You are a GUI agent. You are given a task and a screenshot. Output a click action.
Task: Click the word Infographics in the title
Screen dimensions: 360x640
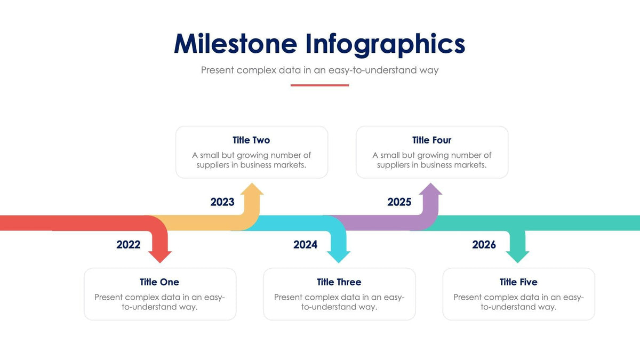(x=385, y=45)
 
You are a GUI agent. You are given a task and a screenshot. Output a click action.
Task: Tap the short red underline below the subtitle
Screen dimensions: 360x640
(x=319, y=85)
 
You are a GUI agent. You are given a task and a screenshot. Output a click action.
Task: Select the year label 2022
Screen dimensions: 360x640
(x=129, y=245)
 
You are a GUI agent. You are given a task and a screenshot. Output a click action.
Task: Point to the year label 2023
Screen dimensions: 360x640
(x=222, y=202)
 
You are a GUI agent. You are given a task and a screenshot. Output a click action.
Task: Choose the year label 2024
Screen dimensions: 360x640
(x=305, y=245)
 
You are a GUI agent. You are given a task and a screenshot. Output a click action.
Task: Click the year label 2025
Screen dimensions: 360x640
(x=399, y=202)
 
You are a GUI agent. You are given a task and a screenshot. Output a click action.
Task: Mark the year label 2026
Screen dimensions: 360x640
(x=484, y=245)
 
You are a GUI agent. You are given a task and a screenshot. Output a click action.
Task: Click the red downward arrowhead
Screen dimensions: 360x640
(x=159, y=255)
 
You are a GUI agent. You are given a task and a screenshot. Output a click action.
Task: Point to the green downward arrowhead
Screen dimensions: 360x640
(x=517, y=255)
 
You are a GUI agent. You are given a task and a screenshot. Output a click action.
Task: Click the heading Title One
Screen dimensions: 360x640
(x=159, y=282)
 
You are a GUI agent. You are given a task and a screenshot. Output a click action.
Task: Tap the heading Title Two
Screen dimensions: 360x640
(x=251, y=140)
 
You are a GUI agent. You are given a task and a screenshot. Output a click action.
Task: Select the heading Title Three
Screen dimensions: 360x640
(x=339, y=282)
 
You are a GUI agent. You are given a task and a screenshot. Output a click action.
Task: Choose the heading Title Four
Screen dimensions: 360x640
(x=431, y=140)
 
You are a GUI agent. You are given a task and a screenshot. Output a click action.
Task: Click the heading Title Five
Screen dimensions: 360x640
(x=518, y=282)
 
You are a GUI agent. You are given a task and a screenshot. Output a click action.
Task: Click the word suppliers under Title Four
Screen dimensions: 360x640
(x=393, y=165)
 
